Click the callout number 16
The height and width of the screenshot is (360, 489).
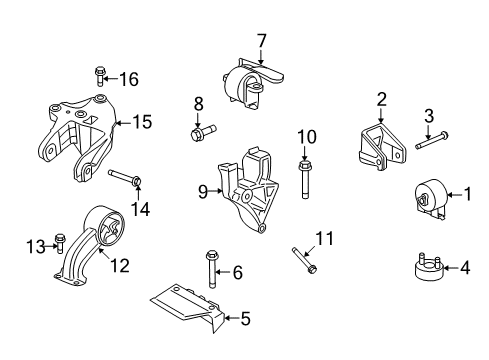(x=130, y=77)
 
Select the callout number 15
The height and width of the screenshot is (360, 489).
(x=142, y=123)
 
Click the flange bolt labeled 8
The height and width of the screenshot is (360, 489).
(x=200, y=130)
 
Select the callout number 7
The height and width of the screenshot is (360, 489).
(x=262, y=41)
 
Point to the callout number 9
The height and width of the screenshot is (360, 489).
(x=203, y=188)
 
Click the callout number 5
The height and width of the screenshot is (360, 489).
(x=246, y=320)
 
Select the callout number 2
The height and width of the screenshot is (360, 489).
(x=381, y=98)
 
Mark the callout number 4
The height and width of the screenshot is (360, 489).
(x=465, y=267)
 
